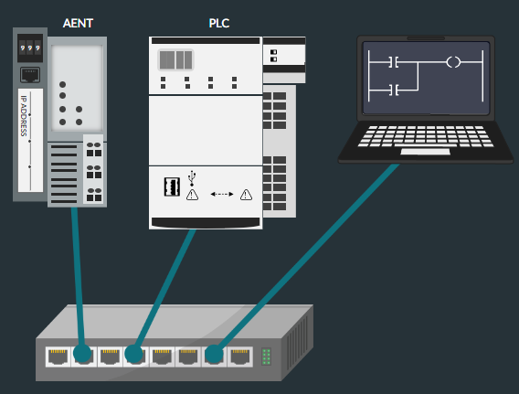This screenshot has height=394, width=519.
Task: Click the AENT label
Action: click(x=78, y=23)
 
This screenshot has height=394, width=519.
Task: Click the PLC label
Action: click(x=219, y=23)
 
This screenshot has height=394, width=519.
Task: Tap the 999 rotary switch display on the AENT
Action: click(x=30, y=48)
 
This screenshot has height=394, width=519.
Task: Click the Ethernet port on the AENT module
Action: click(x=30, y=75)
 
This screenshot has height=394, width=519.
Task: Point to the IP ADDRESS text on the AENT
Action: click(x=24, y=116)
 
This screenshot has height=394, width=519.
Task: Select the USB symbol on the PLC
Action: click(x=192, y=177)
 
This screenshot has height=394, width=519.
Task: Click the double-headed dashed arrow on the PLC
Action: click(x=222, y=194)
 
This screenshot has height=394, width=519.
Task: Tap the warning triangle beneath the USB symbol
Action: click(x=192, y=195)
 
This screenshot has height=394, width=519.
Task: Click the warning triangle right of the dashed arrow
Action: click(x=246, y=195)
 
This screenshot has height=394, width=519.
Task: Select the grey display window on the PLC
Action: click(x=175, y=60)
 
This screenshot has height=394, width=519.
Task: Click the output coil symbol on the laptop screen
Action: click(x=453, y=62)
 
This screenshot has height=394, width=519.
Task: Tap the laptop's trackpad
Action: click(x=425, y=152)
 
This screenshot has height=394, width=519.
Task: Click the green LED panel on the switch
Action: click(x=267, y=357)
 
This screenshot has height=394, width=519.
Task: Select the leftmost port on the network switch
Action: click(x=58, y=357)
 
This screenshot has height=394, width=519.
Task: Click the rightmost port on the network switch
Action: click(x=240, y=357)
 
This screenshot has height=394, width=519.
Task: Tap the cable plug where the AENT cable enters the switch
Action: click(x=82, y=353)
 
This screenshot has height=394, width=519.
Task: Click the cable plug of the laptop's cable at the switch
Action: click(x=214, y=354)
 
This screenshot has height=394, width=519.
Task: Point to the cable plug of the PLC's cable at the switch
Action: click(x=133, y=354)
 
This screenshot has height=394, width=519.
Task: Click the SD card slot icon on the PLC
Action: click(x=172, y=186)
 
